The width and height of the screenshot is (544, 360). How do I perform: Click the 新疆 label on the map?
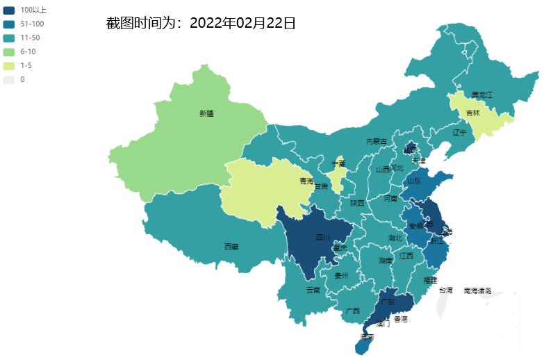[206, 113]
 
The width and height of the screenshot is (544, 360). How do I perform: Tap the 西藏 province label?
[231, 247]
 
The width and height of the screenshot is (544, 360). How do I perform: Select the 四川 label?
[323, 237]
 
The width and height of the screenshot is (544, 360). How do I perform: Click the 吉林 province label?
[472, 113]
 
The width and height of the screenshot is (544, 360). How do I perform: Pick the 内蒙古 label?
[377, 141]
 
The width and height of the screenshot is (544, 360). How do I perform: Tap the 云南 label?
[313, 290]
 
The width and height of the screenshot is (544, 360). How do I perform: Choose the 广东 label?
[387, 302]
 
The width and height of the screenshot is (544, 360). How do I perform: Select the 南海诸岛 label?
[477, 291]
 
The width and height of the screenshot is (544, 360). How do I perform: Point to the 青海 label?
[306, 181]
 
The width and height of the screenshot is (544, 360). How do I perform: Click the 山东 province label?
[413, 180]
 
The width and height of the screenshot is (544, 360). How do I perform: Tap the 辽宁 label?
[459, 132]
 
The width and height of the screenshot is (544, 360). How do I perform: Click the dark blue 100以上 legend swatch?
[9, 10]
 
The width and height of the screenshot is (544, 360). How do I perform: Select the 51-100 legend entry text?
[33, 24]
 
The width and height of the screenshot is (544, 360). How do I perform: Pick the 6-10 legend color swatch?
[9, 51]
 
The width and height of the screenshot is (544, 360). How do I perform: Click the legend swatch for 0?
[9, 79]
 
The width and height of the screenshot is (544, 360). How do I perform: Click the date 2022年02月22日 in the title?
[242, 24]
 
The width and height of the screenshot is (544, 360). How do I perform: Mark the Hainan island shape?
[363, 342]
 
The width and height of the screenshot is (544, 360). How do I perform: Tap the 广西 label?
[352, 311]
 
